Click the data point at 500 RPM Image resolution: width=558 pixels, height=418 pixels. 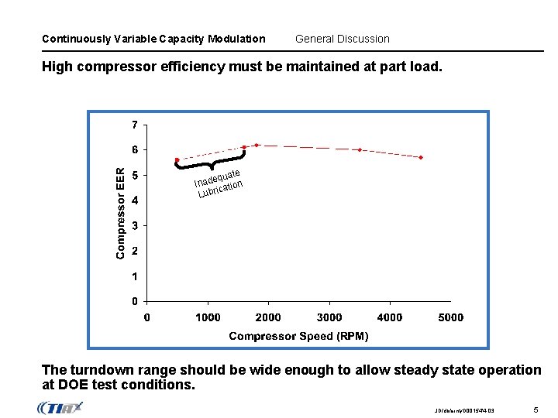tap(177, 160)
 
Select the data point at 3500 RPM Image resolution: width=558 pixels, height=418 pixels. tap(360, 150)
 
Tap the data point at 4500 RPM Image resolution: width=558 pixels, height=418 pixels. tap(421, 157)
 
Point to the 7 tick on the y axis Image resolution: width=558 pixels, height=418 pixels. tap(135, 124)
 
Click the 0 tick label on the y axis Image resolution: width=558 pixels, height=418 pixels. tap(135, 301)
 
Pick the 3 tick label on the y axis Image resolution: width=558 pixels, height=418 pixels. tap(135, 225)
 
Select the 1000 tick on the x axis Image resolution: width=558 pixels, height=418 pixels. tap(208, 317)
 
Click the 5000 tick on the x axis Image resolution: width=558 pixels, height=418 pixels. tap(451, 317)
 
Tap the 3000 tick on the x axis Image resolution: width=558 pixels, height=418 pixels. tap(329, 317)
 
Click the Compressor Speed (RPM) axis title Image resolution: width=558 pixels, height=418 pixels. tap(298, 336)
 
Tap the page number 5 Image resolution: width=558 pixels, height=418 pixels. tap(536, 408)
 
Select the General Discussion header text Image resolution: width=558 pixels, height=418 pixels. tap(343, 39)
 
